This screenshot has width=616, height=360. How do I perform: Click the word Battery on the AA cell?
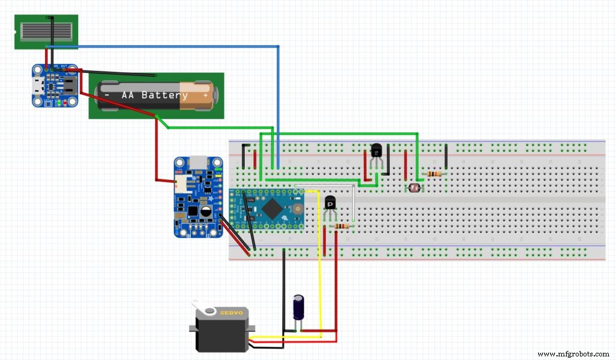[x=164, y=96]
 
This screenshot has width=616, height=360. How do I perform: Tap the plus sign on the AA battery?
[x=205, y=96]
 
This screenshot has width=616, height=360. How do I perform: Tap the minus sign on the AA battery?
[x=106, y=96]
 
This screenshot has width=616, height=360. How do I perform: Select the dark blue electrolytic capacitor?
[x=298, y=307]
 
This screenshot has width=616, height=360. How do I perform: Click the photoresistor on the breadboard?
[x=413, y=188]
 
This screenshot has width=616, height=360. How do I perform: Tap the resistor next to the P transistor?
[x=341, y=226]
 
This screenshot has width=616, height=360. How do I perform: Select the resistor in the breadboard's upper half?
[x=433, y=174]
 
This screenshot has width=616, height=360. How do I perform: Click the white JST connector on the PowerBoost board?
[x=180, y=181]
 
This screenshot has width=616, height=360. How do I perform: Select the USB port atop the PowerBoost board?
[x=199, y=163]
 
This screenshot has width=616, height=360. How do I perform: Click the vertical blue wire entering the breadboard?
[x=279, y=108]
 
